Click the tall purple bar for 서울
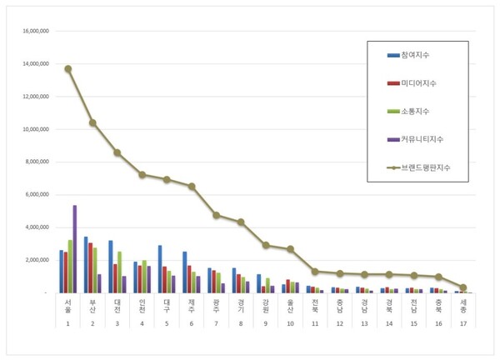click(x=75, y=249)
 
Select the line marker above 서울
click(x=68, y=68)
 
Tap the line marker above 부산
click(x=92, y=122)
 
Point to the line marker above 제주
click(x=192, y=187)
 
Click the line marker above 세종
click(x=463, y=287)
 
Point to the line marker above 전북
click(x=315, y=271)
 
